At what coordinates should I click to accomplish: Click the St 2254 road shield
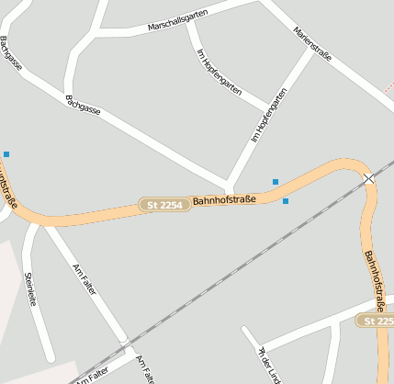164,205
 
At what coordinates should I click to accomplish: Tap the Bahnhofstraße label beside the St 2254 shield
224,199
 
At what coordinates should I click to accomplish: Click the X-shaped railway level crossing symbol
368,178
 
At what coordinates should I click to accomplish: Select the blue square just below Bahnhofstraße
286,201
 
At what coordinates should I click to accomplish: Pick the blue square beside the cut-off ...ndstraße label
6,154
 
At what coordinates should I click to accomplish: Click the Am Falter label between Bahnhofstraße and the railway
84,278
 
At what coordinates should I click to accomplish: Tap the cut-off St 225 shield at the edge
377,321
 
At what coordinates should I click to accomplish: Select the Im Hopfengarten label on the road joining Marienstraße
269,115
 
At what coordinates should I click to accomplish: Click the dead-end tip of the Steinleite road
51,358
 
